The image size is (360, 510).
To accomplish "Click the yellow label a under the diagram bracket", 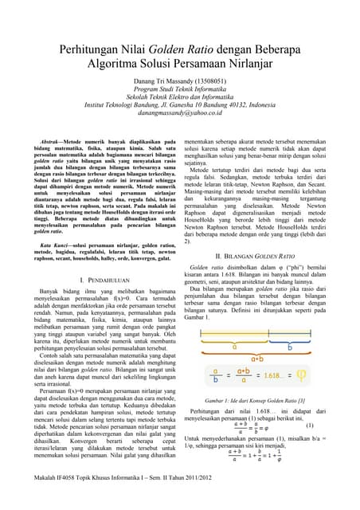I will [233, 325].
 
